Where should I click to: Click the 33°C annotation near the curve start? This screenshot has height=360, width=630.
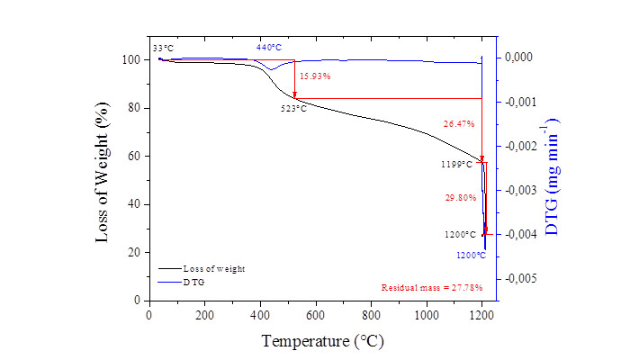tap(163, 48)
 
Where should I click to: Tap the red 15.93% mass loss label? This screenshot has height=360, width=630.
tap(315, 76)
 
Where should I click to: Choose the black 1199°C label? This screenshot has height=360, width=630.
tap(456, 165)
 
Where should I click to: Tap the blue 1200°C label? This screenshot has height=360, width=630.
tap(472, 256)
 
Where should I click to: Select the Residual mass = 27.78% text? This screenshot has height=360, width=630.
tap(432, 288)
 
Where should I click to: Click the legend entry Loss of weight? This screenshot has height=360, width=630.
tap(213, 268)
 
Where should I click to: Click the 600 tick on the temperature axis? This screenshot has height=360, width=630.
tap(315, 315)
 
